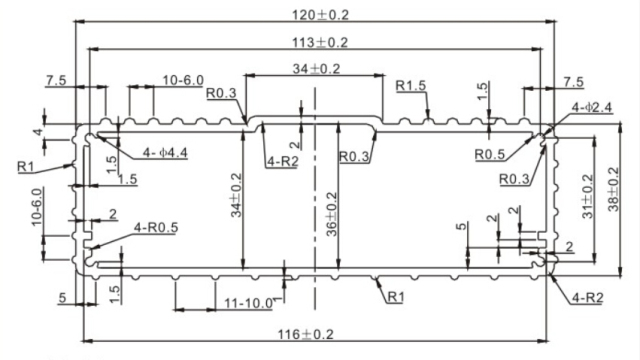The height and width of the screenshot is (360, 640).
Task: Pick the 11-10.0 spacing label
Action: point(247,303)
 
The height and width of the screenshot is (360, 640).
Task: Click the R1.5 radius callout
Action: point(410,86)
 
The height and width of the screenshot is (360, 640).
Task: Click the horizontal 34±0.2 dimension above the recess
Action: point(317,68)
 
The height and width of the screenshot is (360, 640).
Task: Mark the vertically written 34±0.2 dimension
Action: point(237,196)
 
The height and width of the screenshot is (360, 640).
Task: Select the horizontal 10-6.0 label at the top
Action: point(182,80)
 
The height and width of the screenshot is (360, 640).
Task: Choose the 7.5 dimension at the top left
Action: point(56,80)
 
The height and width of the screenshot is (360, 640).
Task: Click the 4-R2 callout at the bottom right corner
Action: point(589,298)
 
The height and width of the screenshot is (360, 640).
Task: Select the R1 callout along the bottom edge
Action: point(394,297)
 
